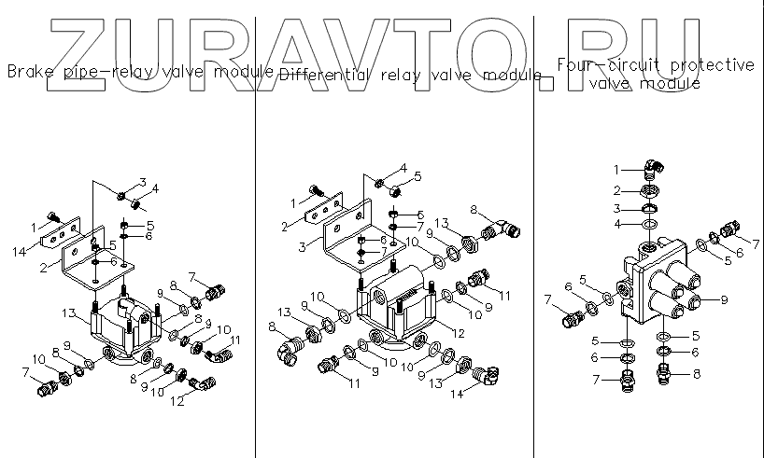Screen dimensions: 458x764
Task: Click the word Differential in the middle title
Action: pos(326,74)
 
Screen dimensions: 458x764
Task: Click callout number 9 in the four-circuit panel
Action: pos(723,299)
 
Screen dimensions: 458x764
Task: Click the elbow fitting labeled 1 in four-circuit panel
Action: pos(653,171)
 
